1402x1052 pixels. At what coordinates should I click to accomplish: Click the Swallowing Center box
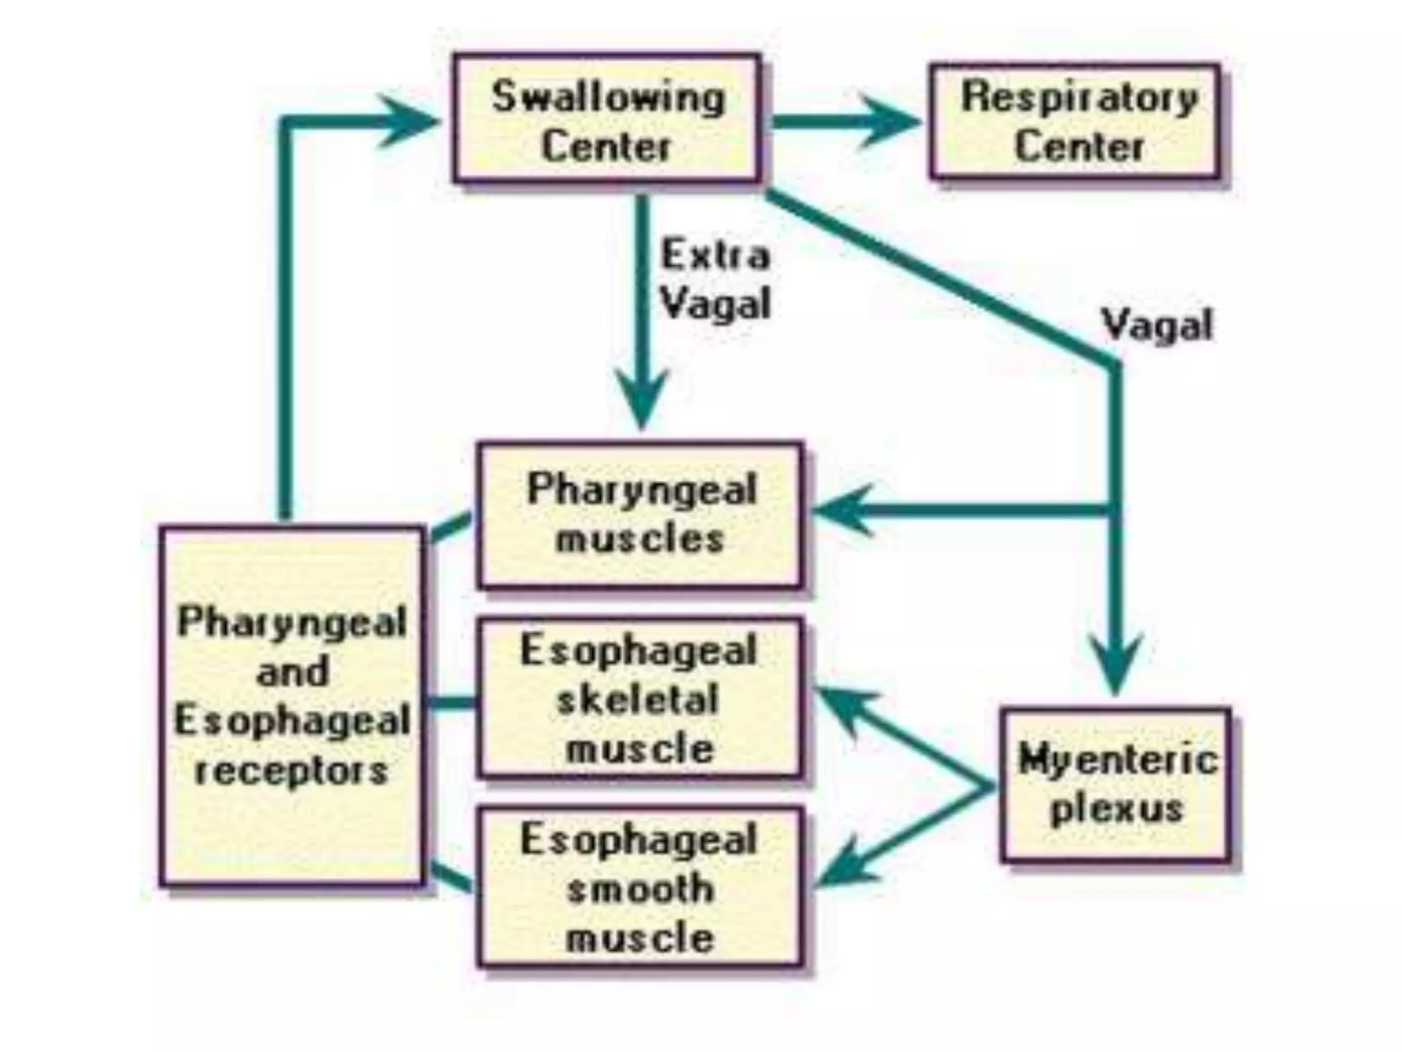pos(607,118)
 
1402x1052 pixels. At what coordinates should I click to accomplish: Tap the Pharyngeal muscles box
pos(640,515)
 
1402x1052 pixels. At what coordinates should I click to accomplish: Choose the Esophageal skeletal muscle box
pos(640,699)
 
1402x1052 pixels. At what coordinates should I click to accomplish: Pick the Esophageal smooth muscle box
pos(640,888)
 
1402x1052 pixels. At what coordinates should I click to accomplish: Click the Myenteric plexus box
pos(1116,785)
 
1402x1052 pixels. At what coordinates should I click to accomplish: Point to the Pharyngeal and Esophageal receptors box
pos(292,705)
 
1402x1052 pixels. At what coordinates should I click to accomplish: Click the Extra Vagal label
pos(715,279)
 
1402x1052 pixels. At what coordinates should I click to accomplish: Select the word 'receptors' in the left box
pos(292,771)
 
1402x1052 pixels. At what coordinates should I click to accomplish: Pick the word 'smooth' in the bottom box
pos(640,889)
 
